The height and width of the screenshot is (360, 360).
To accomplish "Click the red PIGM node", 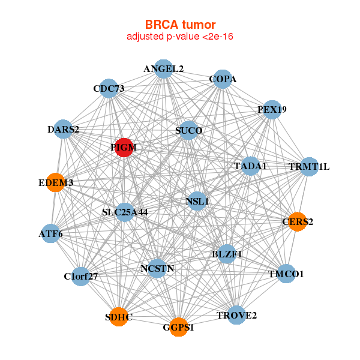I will [124, 148].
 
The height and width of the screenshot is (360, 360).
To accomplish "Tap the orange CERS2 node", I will [297, 221].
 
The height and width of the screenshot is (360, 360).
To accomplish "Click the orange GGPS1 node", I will [178, 327].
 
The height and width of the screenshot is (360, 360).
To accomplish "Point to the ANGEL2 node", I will [163, 69].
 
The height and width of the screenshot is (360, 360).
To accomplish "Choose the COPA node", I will [222, 79].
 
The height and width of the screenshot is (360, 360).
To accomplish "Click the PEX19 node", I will [272, 110].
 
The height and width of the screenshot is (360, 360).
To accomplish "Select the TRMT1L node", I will [309, 166].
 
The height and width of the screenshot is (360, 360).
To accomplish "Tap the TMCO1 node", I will [286, 274].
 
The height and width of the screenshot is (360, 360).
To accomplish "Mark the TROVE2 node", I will [236, 315].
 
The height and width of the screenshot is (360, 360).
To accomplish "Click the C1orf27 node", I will [80, 277].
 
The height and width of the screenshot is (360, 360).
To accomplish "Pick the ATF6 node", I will [51, 233].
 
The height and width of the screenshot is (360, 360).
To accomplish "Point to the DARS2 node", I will [63, 129].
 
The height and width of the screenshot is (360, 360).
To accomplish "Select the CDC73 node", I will [109, 89].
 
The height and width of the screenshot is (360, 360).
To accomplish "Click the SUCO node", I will [188, 130].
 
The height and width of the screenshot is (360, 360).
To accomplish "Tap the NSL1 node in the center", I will [197, 202].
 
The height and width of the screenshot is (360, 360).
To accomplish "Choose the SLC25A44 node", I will [125, 212].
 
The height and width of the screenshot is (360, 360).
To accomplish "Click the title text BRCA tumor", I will [180, 25].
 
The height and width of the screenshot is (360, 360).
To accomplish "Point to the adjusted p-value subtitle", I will [180, 37].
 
